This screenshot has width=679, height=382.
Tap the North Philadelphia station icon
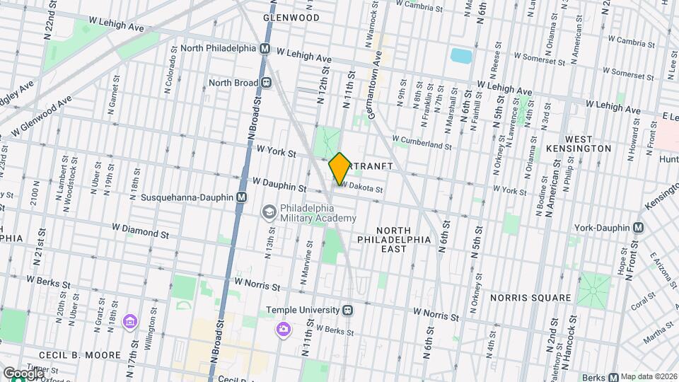pyautogui.click(x=265, y=49)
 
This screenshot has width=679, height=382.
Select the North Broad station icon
pyautogui.click(x=267, y=83)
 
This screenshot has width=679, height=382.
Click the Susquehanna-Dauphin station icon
pyautogui.click(x=242, y=197)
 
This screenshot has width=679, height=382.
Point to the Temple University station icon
pyautogui.click(x=348, y=310)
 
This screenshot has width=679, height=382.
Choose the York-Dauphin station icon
pyautogui.click(x=638, y=227)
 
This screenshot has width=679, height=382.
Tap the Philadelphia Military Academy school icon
pyautogui.click(x=269, y=212)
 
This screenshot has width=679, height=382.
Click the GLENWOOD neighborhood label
pyautogui.click(x=291, y=17)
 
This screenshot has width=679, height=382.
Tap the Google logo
pyautogui.click(x=23, y=373)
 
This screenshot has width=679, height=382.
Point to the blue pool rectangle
pyautogui.click(x=460, y=55)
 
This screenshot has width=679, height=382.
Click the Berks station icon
pyautogui.click(x=613, y=376)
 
